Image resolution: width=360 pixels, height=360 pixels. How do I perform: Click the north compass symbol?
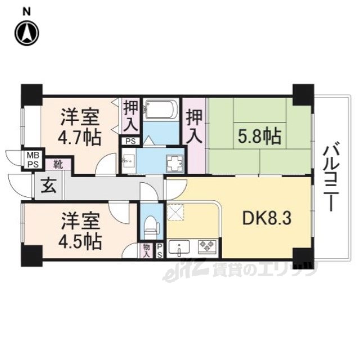tap(27, 33)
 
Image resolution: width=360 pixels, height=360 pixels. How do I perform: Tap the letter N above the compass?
tap(27, 12)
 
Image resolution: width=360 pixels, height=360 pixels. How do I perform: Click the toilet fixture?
tap(151, 227)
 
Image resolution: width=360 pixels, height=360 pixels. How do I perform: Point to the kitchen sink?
tap(179, 247)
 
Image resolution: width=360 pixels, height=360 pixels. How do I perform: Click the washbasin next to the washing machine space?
tap(128, 161)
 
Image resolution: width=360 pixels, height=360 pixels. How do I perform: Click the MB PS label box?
tap(33, 160)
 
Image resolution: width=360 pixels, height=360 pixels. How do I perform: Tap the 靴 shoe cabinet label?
tap(58, 165)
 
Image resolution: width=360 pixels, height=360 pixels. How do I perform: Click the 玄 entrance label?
tap(48, 186)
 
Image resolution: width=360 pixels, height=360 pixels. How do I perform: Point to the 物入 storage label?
tap(146, 250)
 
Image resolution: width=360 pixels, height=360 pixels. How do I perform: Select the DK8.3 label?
tap(267, 218)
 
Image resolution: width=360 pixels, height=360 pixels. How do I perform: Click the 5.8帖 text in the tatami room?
tap(259, 136)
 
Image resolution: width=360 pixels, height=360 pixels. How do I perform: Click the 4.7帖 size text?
tap(79, 138)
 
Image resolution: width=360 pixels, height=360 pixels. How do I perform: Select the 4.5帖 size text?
tap(79, 241)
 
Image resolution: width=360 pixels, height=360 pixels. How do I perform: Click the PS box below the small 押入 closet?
tap(130, 141)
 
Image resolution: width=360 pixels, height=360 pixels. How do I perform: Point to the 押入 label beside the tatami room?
tap(194, 127)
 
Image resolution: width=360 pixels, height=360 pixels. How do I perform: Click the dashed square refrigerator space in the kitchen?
tap(175, 211)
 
